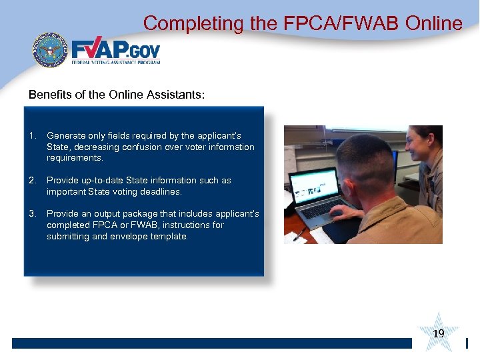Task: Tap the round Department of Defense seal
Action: tap(51, 50)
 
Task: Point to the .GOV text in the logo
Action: tap(143, 51)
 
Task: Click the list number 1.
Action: tap(32, 135)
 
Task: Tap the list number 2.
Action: tap(32, 181)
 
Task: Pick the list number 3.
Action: tap(32, 214)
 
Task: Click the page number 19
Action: tap(439, 333)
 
